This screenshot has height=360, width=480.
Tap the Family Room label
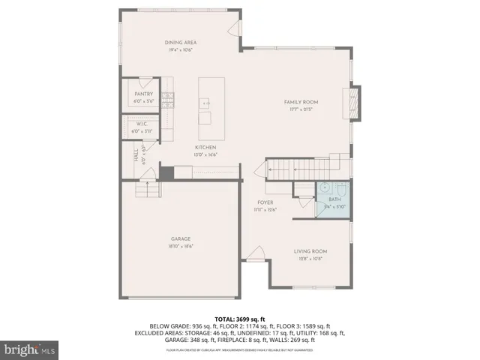pos(301,101)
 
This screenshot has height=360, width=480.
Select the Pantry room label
pos(144,94)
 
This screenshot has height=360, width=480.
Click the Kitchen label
pos(205,147)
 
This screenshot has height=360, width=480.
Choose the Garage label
pos(183,239)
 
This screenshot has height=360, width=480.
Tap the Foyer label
pos(265,202)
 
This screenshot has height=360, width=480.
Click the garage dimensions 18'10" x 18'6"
pos(183,246)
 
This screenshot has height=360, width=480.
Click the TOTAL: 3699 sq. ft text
pos(239,319)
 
